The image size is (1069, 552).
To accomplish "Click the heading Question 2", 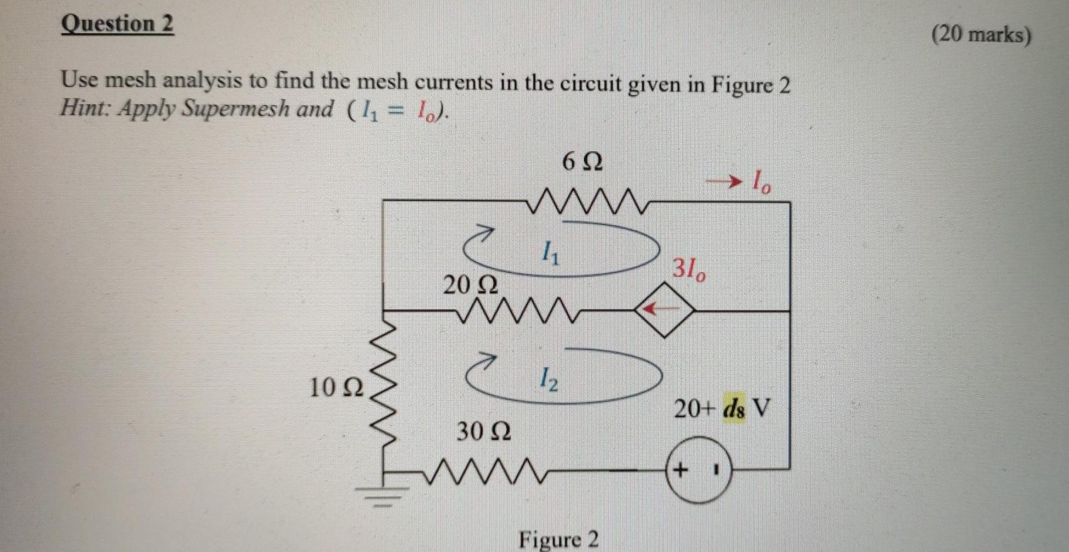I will click(x=118, y=24).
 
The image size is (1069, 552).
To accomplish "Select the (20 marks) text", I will click(x=981, y=34).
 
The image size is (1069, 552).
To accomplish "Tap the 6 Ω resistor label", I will click(x=583, y=162).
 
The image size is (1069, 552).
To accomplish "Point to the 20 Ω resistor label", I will click(x=471, y=285).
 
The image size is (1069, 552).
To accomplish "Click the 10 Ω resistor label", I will click(x=336, y=388).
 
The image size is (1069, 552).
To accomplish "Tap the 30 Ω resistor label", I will click(x=483, y=431).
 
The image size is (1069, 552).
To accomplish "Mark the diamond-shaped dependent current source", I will click(x=664, y=309).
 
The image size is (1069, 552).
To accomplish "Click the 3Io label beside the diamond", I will click(x=690, y=270).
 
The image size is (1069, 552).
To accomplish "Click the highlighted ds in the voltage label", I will click(x=734, y=409).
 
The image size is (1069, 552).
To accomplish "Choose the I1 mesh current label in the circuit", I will click(x=551, y=253).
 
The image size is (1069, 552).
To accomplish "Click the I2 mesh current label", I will click(x=548, y=379).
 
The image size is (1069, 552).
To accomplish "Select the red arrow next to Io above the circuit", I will click(x=725, y=182).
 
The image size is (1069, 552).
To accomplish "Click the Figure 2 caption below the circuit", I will click(x=558, y=539).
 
